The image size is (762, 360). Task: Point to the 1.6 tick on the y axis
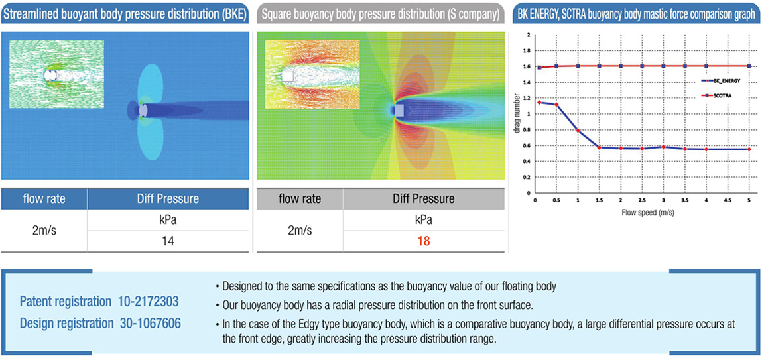[528, 66]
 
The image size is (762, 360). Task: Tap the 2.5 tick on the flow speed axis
[642, 200]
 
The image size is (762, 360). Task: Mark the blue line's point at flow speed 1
[578, 131]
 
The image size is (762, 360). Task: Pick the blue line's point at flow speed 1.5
[600, 147]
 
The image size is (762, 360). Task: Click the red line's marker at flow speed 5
[749, 66]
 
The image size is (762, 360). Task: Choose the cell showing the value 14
[168, 241]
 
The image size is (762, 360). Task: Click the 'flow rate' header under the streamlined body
[44, 199]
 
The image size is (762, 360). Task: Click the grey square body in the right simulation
[399, 110]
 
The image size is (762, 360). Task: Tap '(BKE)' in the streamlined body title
[230, 13]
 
